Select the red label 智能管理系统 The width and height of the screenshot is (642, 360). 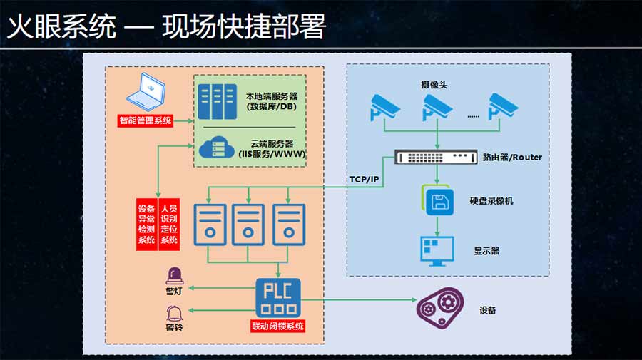[x=146, y=120]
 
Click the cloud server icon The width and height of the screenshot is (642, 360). [x=218, y=148]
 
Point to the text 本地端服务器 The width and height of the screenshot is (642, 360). [x=271, y=96]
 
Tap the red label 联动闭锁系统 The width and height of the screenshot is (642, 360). [x=278, y=326]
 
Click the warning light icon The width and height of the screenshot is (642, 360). [x=174, y=276]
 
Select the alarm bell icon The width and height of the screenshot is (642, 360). [x=174, y=313]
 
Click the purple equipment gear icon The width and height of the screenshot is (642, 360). [x=437, y=309]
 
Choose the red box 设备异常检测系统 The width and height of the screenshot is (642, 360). [x=146, y=225]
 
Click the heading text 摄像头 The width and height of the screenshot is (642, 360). [x=434, y=85]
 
